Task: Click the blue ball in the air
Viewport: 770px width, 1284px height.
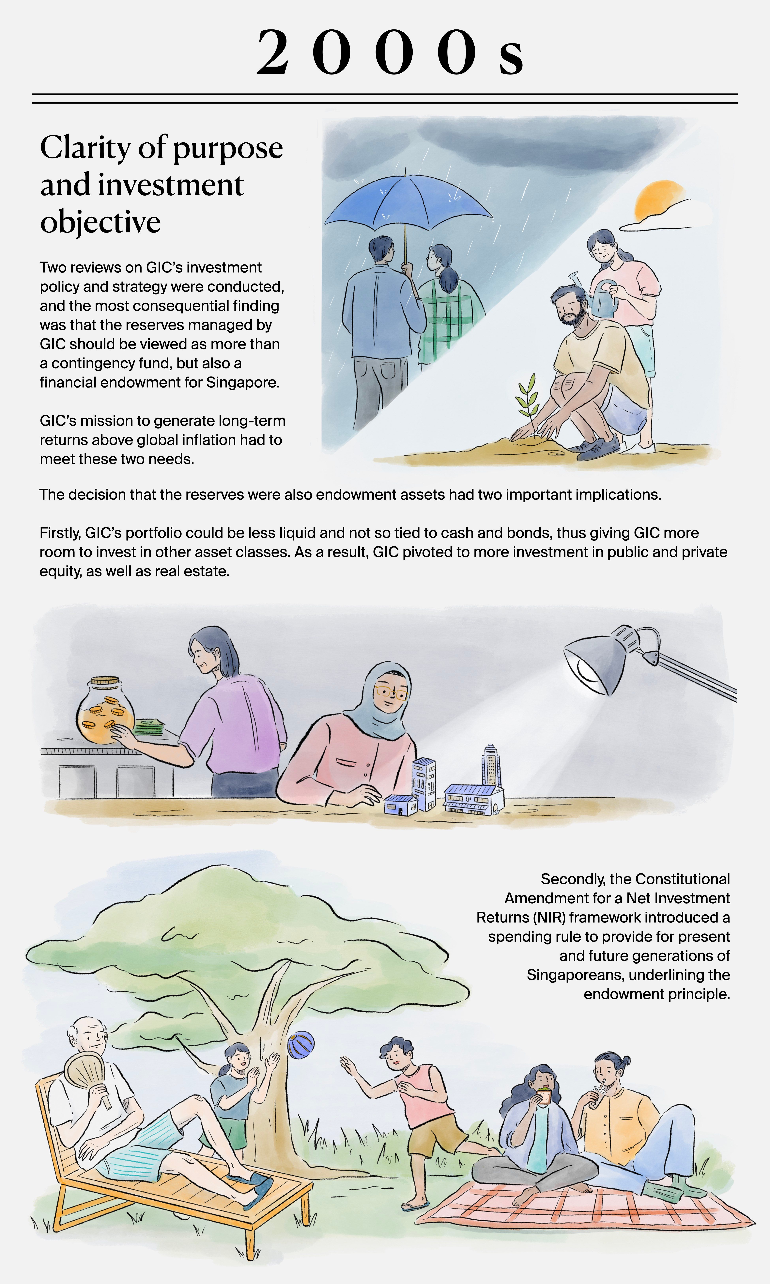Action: [301, 1045]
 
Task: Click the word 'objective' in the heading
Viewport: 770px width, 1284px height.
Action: [100, 222]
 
